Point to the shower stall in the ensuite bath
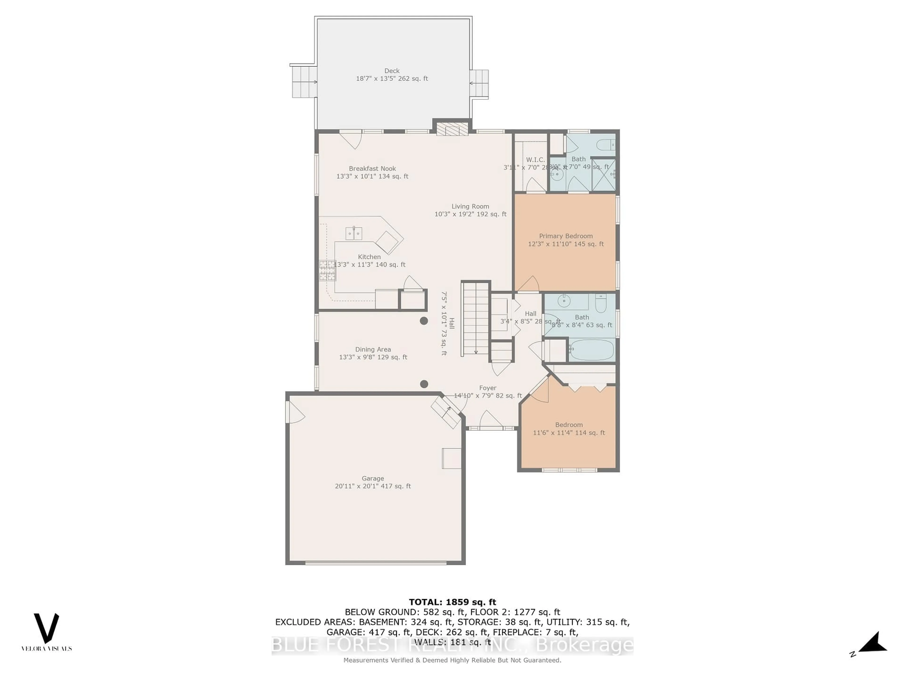pyautogui.click(x=604, y=174)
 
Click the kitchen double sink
pyautogui.click(x=354, y=233)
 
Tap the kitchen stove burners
pyautogui.click(x=327, y=270)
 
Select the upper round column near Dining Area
pyautogui.click(x=424, y=321)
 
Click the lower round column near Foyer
pyautogui.click(x=424, y=384)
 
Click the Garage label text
pyautogui.click(x=373, y=478)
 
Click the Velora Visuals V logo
pyautogui.click(x=46, y=629)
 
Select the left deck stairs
pyautogui.click(x=304, y=82)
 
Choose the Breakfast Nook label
pyautogui.click(x=372, y=169)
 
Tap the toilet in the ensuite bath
pyautogui.click(x=605, y=145)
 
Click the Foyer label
pyautogui.click(x=488, y=388)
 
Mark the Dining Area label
pyautogui.click(x=373, y=350)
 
